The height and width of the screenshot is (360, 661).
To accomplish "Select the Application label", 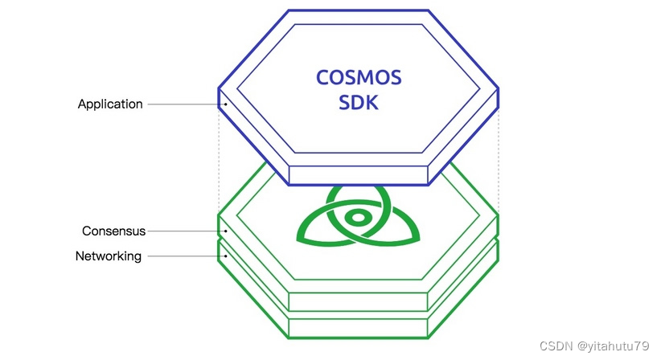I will tap(110, 104).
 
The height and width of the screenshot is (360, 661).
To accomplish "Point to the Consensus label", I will tap(113, 231).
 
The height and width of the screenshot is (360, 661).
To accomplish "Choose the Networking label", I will tap(109, 256).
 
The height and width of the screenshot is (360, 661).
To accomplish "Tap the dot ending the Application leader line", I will tap(226, 104).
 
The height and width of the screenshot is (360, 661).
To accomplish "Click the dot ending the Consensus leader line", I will tap(226, 231).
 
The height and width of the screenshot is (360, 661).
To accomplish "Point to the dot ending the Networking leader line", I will tap(226, 256).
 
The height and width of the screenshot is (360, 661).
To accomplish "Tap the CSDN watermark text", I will tap(555, 346).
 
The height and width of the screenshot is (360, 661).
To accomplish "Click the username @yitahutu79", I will tap(609, 346).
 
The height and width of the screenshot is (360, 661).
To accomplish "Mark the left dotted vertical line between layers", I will tap(219, 161).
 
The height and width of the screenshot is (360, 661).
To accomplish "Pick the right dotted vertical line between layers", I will tap(499, 161).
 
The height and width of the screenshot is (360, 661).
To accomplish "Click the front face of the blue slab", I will tap(359, 174).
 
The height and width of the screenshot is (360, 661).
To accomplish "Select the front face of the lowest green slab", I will tap(359, 327).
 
